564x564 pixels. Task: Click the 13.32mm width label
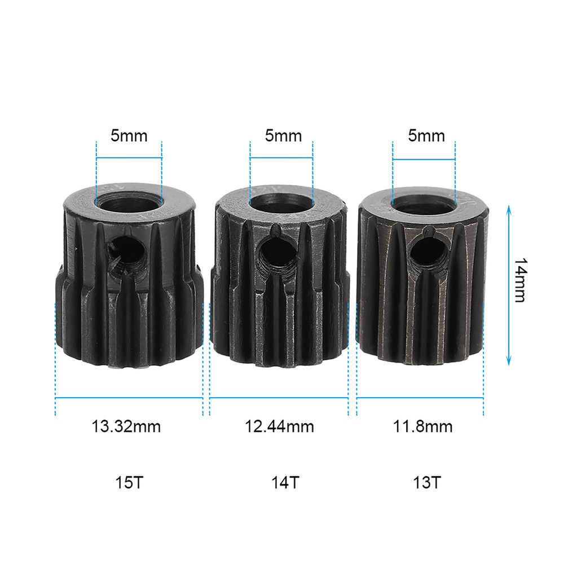(x=126, y=426)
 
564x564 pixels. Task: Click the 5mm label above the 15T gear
(x=129, y=136)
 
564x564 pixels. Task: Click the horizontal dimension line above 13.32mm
(x=129, y=399)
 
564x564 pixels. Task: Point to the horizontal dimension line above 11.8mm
(x=420, y=399)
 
